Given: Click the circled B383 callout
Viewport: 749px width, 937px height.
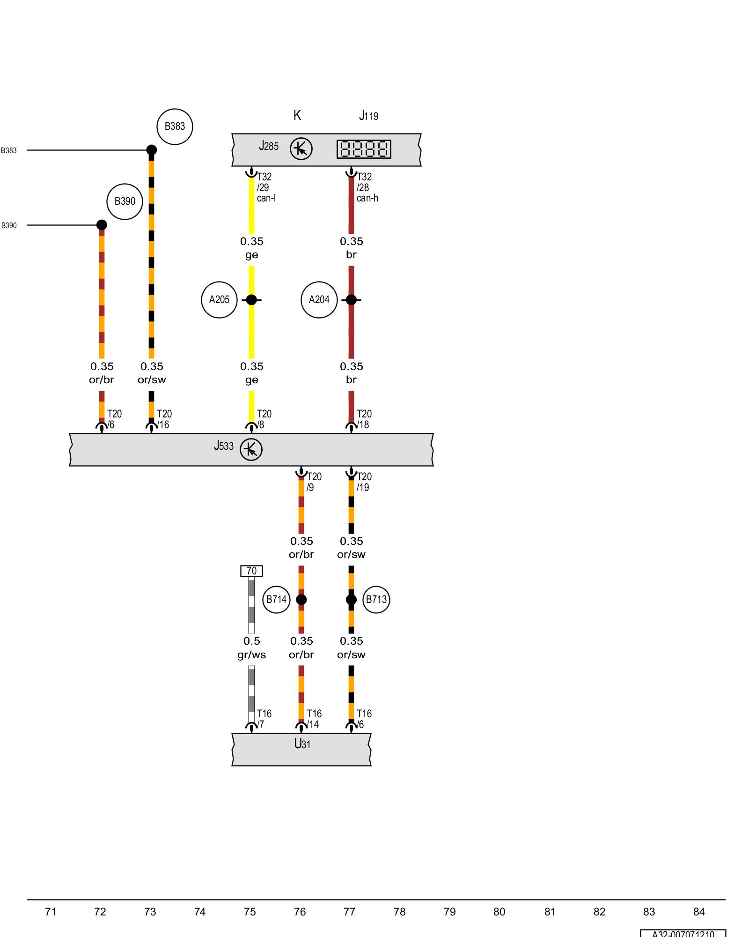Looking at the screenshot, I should click(175, 126).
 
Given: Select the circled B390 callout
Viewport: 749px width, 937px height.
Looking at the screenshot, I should click(125, 201).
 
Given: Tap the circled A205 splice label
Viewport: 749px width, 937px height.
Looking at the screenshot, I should click(219, 300).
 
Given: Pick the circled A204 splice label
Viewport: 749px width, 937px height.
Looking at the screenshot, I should click(319, 300).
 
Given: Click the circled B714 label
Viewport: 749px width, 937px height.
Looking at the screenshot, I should click(276, 599).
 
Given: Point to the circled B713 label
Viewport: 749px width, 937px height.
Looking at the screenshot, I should click(376, 599).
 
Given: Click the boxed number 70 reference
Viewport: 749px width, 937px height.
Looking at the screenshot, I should click(251, 571).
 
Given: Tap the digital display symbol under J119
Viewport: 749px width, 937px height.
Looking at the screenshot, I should click(364, 149).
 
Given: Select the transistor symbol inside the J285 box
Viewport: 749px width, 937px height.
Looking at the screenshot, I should click(301, 149).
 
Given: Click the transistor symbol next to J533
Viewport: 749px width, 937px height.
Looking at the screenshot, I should click(251, 450).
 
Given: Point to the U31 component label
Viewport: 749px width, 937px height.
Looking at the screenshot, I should click(302, 744).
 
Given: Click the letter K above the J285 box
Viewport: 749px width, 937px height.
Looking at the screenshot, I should click(297, 115).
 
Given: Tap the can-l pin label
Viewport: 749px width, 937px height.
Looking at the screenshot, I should click(266, 198).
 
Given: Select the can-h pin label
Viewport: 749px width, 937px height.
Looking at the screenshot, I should click(367, 198).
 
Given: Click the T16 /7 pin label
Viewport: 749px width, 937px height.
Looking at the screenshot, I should click(264, 719).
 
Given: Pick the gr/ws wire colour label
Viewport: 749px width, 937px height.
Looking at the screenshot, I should click(251, 654).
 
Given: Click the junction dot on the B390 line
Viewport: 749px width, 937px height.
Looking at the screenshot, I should click(102, 225).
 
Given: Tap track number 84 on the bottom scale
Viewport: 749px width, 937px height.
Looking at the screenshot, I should click(698, 912).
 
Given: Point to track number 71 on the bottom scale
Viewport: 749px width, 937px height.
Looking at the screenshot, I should click(51, 912).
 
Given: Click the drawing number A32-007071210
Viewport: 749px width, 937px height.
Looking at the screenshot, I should click(683, 933).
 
